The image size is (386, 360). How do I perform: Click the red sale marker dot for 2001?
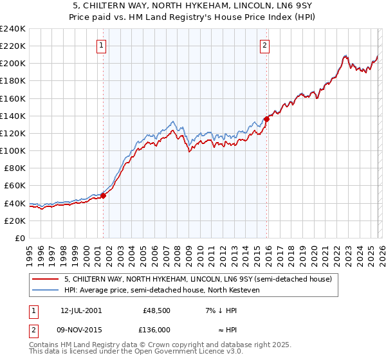pos(103,196)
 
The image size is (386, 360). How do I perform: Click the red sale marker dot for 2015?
pos(266,119)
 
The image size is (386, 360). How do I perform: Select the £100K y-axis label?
pos(13,150)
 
